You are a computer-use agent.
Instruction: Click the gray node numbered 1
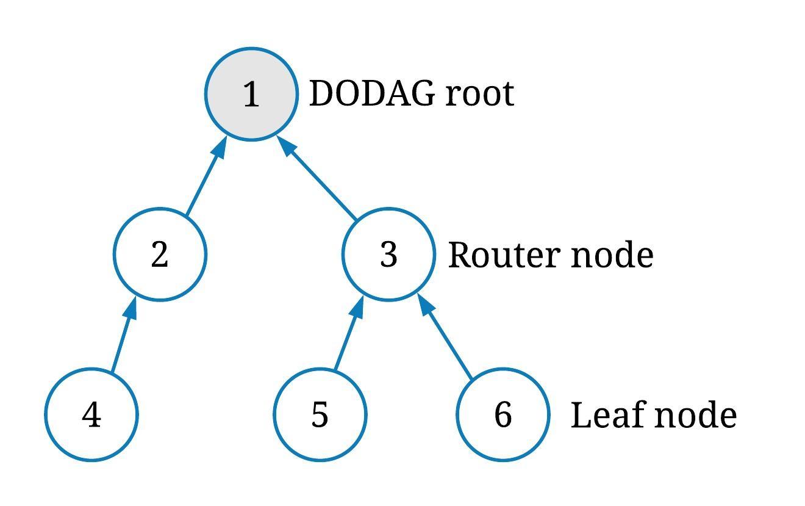click(251, 94)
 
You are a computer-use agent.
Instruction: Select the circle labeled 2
click(160, 254)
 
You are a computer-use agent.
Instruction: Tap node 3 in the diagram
click(388, 254)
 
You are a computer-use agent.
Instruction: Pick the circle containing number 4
click(91, 414)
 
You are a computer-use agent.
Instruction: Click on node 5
click(320, 414)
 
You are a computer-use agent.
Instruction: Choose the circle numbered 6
click(503, 414)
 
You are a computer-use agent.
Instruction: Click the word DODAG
click(372, 95)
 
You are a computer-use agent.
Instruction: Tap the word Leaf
click(607, 416)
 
